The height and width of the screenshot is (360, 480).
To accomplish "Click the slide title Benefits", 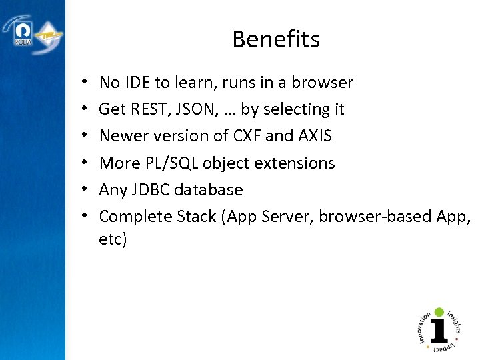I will coord(276,40).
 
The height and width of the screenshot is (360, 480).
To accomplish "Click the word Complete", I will coord(131,216).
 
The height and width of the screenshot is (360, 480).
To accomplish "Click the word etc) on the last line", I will coord(113,239).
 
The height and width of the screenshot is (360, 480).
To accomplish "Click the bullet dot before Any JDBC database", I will coord(87,189).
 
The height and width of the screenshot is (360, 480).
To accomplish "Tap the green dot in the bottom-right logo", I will coord(439,311).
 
